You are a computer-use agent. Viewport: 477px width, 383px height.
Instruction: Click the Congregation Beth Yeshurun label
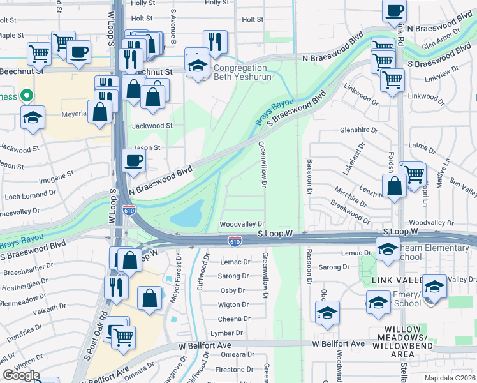tap(242, 72)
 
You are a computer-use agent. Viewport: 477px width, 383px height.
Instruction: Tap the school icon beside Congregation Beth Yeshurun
tap(198, 64)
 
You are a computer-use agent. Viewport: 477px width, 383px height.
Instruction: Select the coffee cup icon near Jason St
tap(133, 161)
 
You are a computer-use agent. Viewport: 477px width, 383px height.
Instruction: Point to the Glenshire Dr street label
tap(359, 130)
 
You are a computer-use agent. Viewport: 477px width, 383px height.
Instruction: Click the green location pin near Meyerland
tap(26, 96)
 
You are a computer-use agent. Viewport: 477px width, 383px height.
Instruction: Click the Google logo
tap(21, 376)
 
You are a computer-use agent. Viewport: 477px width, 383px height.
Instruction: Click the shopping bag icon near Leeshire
tap(395, 186)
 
